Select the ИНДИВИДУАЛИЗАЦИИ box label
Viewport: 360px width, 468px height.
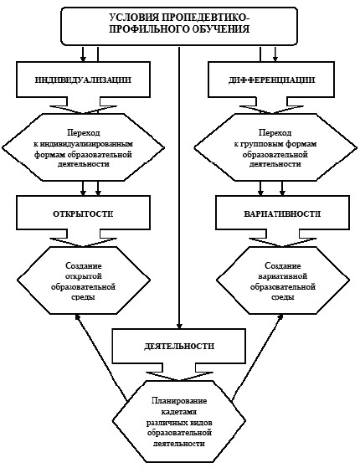[x=83, y=80]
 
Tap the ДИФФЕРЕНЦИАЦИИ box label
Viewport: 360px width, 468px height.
[x=271, y=80]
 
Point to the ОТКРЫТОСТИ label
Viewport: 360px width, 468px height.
[x=83, y=214]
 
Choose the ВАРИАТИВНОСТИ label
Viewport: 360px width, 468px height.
[x=282, y=214]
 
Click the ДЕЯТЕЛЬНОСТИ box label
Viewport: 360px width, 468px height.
[x=179, y=347]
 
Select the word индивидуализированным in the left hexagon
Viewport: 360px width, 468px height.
[x=86, y=144]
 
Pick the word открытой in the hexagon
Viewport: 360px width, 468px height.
[x=83, y=276]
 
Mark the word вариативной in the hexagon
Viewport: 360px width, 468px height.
[x=282, y=276]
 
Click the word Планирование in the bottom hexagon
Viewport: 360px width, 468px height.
[x=179, y=400]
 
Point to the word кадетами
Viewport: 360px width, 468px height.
[x=179, y=412]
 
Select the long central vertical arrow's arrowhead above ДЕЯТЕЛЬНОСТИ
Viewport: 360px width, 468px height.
[x=179, y=326]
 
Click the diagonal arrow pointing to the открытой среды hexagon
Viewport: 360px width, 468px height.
[x=101, y=357]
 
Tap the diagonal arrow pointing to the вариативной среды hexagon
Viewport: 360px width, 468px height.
[x=258, y=357]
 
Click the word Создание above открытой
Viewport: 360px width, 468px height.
[x=83, y=265]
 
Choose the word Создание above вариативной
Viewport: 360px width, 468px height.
[x=283, y=265]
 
